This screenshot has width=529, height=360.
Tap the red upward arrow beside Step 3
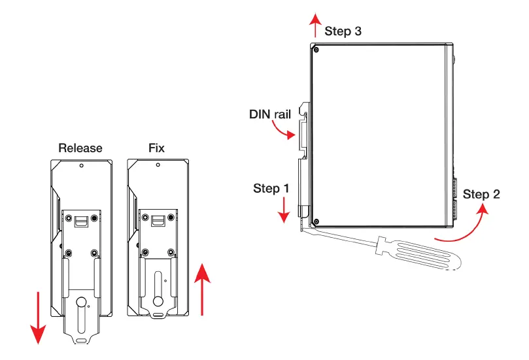coord(316,25)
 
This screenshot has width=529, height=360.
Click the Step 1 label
coord(271,188)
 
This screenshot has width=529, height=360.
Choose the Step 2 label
coord(481,194)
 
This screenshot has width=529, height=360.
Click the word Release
coord(80,148)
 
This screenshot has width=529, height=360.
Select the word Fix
coord(156,148)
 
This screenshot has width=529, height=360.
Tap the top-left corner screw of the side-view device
coord(316,50)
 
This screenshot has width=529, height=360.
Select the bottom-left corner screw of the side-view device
coord(316,220)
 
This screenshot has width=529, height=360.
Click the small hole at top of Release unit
coord(80,166)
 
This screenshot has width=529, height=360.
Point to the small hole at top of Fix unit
coord(157,166)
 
